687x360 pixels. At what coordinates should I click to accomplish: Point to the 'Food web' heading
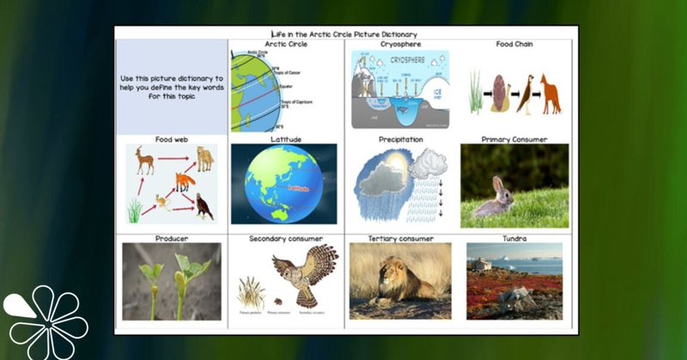[x=172, y=138]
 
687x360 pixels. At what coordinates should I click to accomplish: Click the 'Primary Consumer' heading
[x=514, y=138]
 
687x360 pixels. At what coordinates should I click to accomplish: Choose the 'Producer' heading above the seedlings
[x=172, y=238]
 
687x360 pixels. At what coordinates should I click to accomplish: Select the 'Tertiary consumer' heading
[x=400, y=238]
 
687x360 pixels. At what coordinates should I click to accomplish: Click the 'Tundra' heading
[x=514, y=238]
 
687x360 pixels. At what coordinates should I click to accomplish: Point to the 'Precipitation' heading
[x=400, y=138]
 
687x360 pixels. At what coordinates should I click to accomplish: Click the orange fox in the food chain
[x=549, y=93]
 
